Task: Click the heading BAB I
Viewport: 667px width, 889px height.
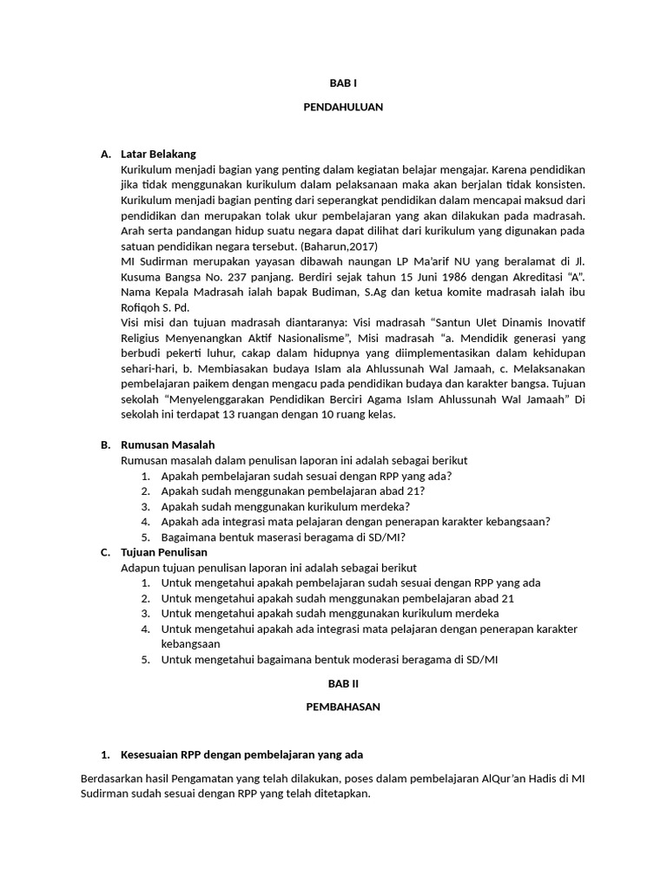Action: (343, 82)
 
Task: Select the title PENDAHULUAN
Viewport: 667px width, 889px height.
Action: (343, 108)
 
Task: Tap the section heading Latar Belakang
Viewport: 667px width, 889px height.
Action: (158, 154)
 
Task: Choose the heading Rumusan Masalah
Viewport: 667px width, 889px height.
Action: (168, 444)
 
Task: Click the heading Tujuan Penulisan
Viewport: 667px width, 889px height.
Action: (164, 551)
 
